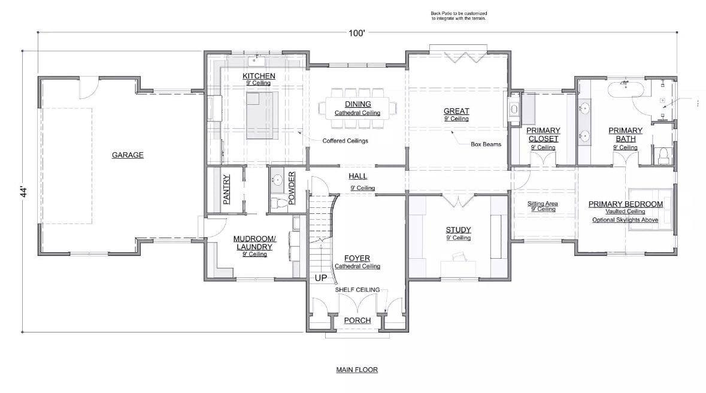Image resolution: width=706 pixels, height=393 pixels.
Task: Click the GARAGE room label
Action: tap(128, 155)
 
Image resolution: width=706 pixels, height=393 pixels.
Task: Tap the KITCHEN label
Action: tap(259, 76)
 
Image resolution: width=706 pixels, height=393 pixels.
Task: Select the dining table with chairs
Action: tap(357, 108)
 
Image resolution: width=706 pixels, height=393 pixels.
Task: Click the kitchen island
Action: tap(263, 114)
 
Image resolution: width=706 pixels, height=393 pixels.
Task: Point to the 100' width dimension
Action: tap(357, 34)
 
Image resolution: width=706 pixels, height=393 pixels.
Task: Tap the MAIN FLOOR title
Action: tap(357, 370)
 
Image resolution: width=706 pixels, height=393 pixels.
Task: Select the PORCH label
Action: tap(357, 321)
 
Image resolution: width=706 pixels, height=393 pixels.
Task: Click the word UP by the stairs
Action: tap(320, 279)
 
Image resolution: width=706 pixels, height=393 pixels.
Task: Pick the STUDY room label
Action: tap(458, 229)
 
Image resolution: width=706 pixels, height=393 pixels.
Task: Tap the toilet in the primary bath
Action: tap(662, 156)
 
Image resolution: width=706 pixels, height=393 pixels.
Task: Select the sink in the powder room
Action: tap(278, 180)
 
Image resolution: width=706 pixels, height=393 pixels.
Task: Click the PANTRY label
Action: tap(227, 189)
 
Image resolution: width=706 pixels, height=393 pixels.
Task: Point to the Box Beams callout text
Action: tap(485, 144)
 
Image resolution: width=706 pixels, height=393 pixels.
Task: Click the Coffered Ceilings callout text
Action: tap(345, 141)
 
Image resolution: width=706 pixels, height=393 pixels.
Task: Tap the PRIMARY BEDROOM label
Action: tap(625, 204)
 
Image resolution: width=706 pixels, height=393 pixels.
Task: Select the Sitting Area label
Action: tap(543, 204)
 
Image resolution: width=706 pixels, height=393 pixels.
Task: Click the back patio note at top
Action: tap(459, 16)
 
